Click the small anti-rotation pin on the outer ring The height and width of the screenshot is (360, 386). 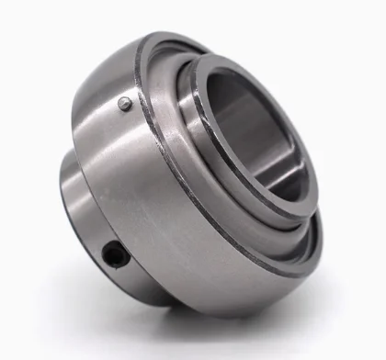tap(125, 104)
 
